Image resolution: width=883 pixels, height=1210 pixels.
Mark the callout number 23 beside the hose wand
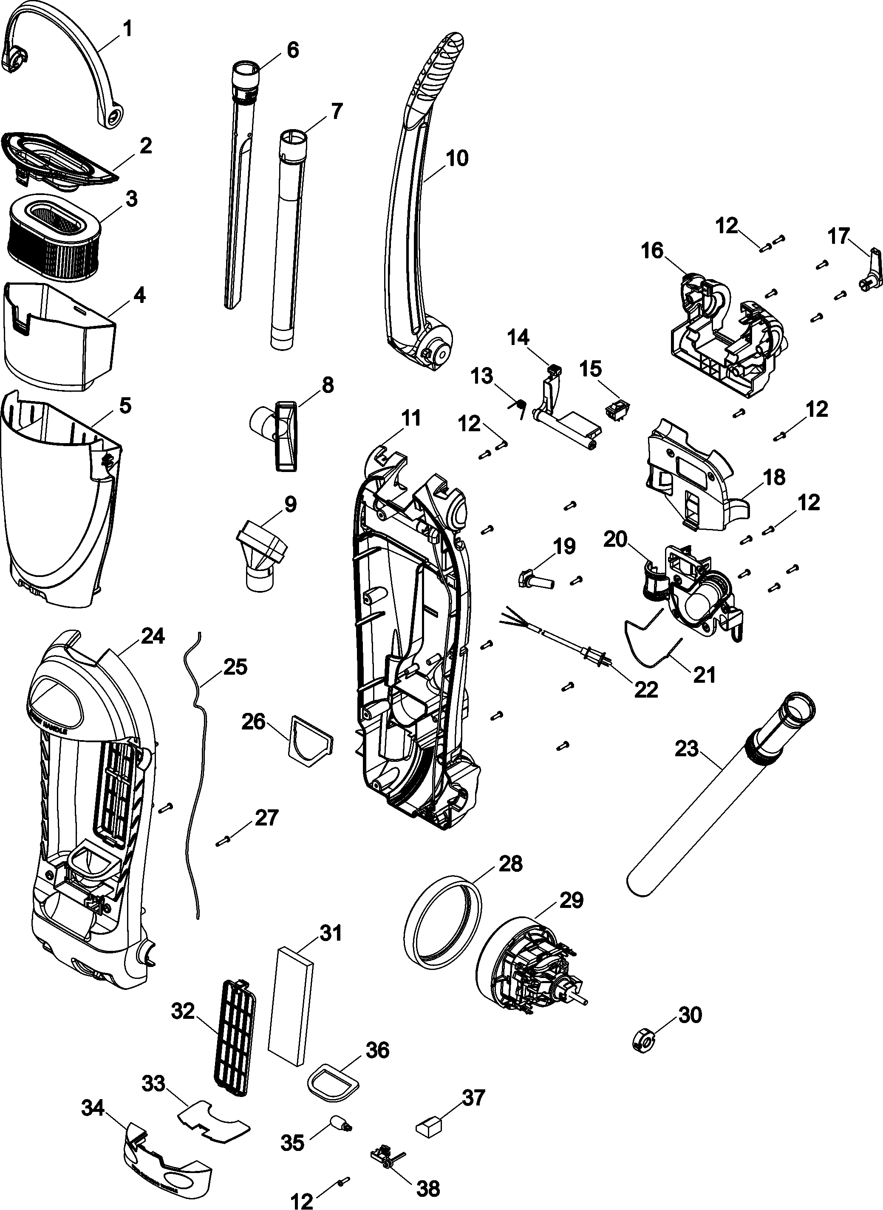[687, 749]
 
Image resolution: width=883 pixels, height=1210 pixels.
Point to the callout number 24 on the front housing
[153, 636]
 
